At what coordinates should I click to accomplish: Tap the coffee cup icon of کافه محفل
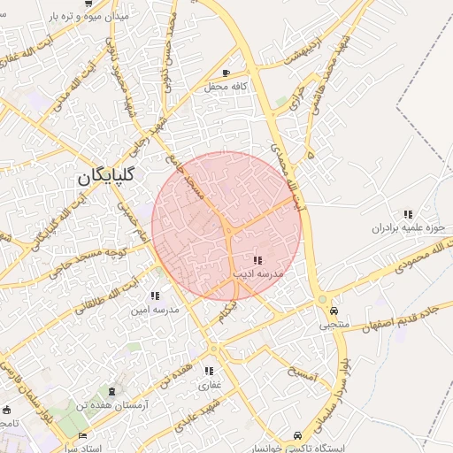point(226,73)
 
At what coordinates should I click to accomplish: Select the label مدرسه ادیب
point(257,274)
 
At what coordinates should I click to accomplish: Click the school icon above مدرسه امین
point(155,296)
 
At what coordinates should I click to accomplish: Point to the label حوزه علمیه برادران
point(408,228)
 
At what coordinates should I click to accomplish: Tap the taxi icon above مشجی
point(334,311)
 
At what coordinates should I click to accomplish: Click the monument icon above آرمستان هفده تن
point(111,391)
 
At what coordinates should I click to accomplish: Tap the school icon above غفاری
point(209,371)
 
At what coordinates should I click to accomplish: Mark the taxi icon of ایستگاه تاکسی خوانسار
point(297,434)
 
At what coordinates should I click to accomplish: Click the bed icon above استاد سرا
point(82,435)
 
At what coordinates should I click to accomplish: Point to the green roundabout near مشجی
point(322,300)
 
